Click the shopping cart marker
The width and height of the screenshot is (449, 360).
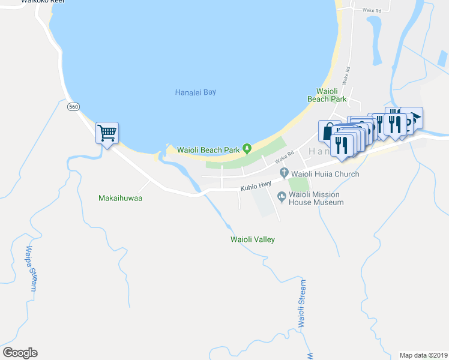[107, 133]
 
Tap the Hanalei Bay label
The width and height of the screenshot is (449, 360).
[195, 92]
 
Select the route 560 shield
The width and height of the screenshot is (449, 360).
[73, 106]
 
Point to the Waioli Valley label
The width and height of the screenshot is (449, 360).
[253, 239]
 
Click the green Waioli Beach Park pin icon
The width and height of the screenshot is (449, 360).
[246, 149]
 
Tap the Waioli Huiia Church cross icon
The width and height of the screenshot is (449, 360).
[285, 173]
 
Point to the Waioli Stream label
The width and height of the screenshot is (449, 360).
[302, 304]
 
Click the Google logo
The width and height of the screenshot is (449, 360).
[20, 353]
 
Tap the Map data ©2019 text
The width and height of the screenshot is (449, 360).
[423, 355]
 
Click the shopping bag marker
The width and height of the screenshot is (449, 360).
[328, 131]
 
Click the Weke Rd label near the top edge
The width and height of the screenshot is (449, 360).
[372, 10]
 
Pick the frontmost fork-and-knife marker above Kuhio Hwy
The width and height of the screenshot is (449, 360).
[341, 145]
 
